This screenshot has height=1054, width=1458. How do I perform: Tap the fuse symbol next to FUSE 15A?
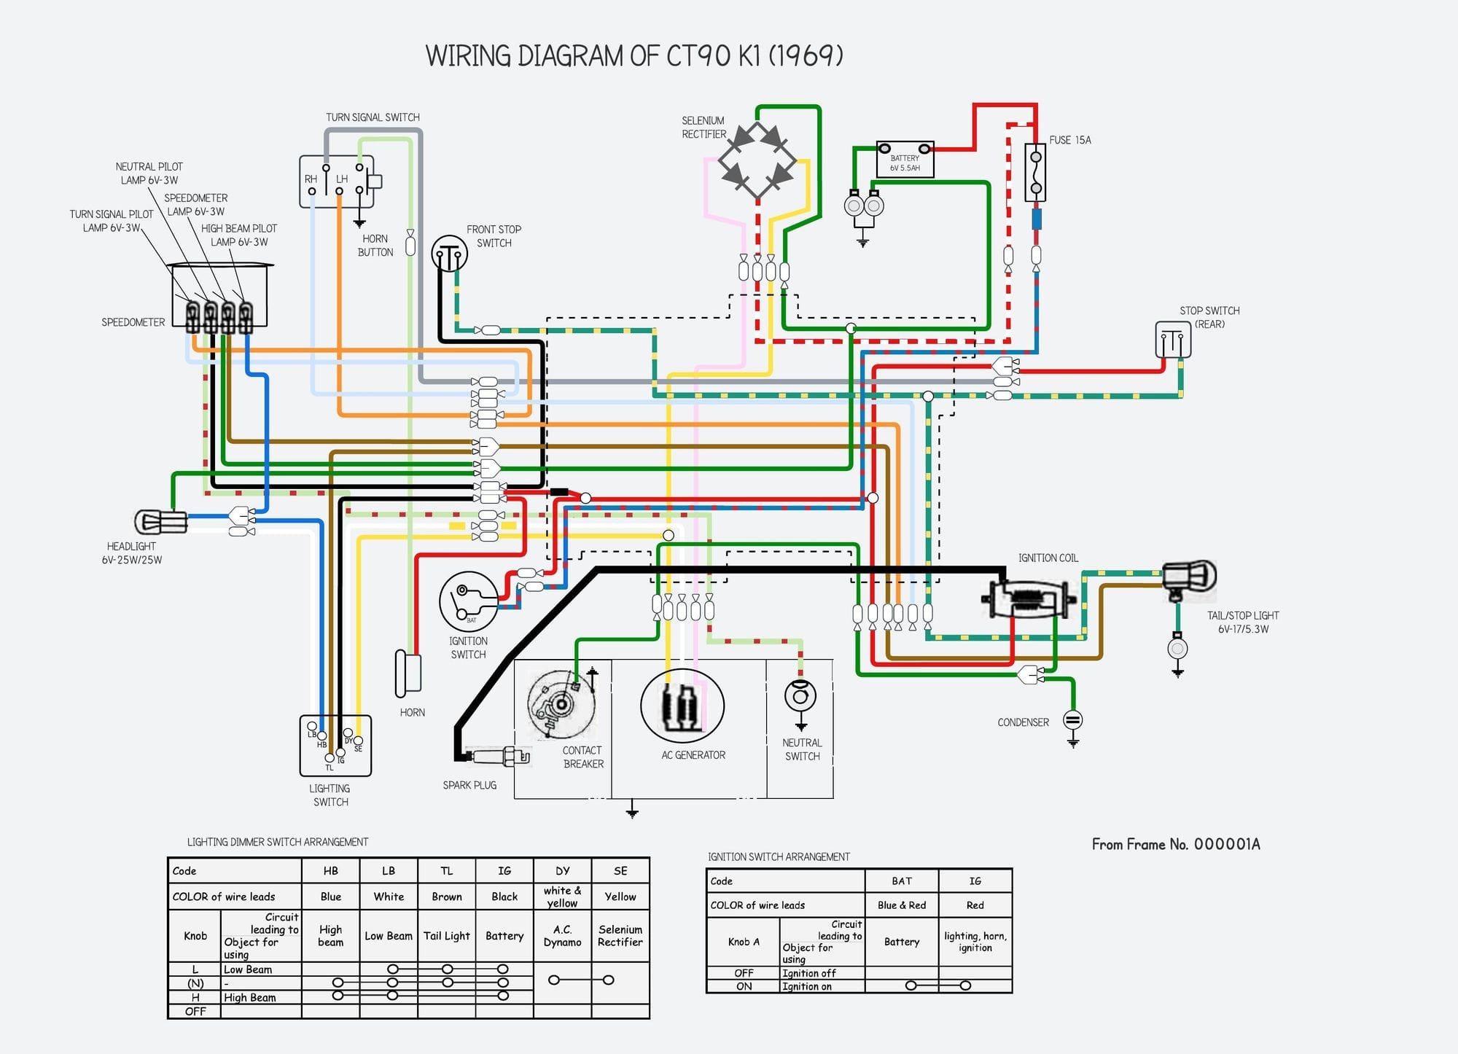pos(1035,173)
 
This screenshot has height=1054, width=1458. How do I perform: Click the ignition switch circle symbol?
pos(469,601)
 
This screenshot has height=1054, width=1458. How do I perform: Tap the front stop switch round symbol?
pos(449,254)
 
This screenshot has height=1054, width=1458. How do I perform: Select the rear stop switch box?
pos(1173,340)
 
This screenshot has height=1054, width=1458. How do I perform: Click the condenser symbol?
pos(1072,721)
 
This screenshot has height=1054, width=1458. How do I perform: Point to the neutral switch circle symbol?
pos(800,695)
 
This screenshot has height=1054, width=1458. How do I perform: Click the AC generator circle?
pos(682,706)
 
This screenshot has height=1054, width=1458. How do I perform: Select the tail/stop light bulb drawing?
pos(1189,577)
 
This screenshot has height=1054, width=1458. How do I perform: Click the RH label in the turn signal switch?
pos(311,179)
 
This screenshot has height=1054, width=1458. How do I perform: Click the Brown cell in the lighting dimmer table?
pos(446,897)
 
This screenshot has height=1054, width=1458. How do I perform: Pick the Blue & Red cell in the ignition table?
pos(902,905)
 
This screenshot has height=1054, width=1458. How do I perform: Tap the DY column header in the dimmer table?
pos(562,870)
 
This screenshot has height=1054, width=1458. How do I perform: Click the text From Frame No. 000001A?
pos(1175,844)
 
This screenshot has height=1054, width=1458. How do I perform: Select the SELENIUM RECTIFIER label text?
pos(703,128)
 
